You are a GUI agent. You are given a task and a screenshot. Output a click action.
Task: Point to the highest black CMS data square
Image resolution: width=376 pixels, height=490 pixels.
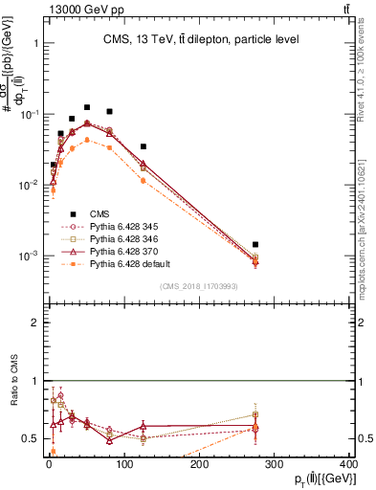(87, 108)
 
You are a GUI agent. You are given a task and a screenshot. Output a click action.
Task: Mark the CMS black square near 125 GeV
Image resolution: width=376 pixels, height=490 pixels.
(144, 147)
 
